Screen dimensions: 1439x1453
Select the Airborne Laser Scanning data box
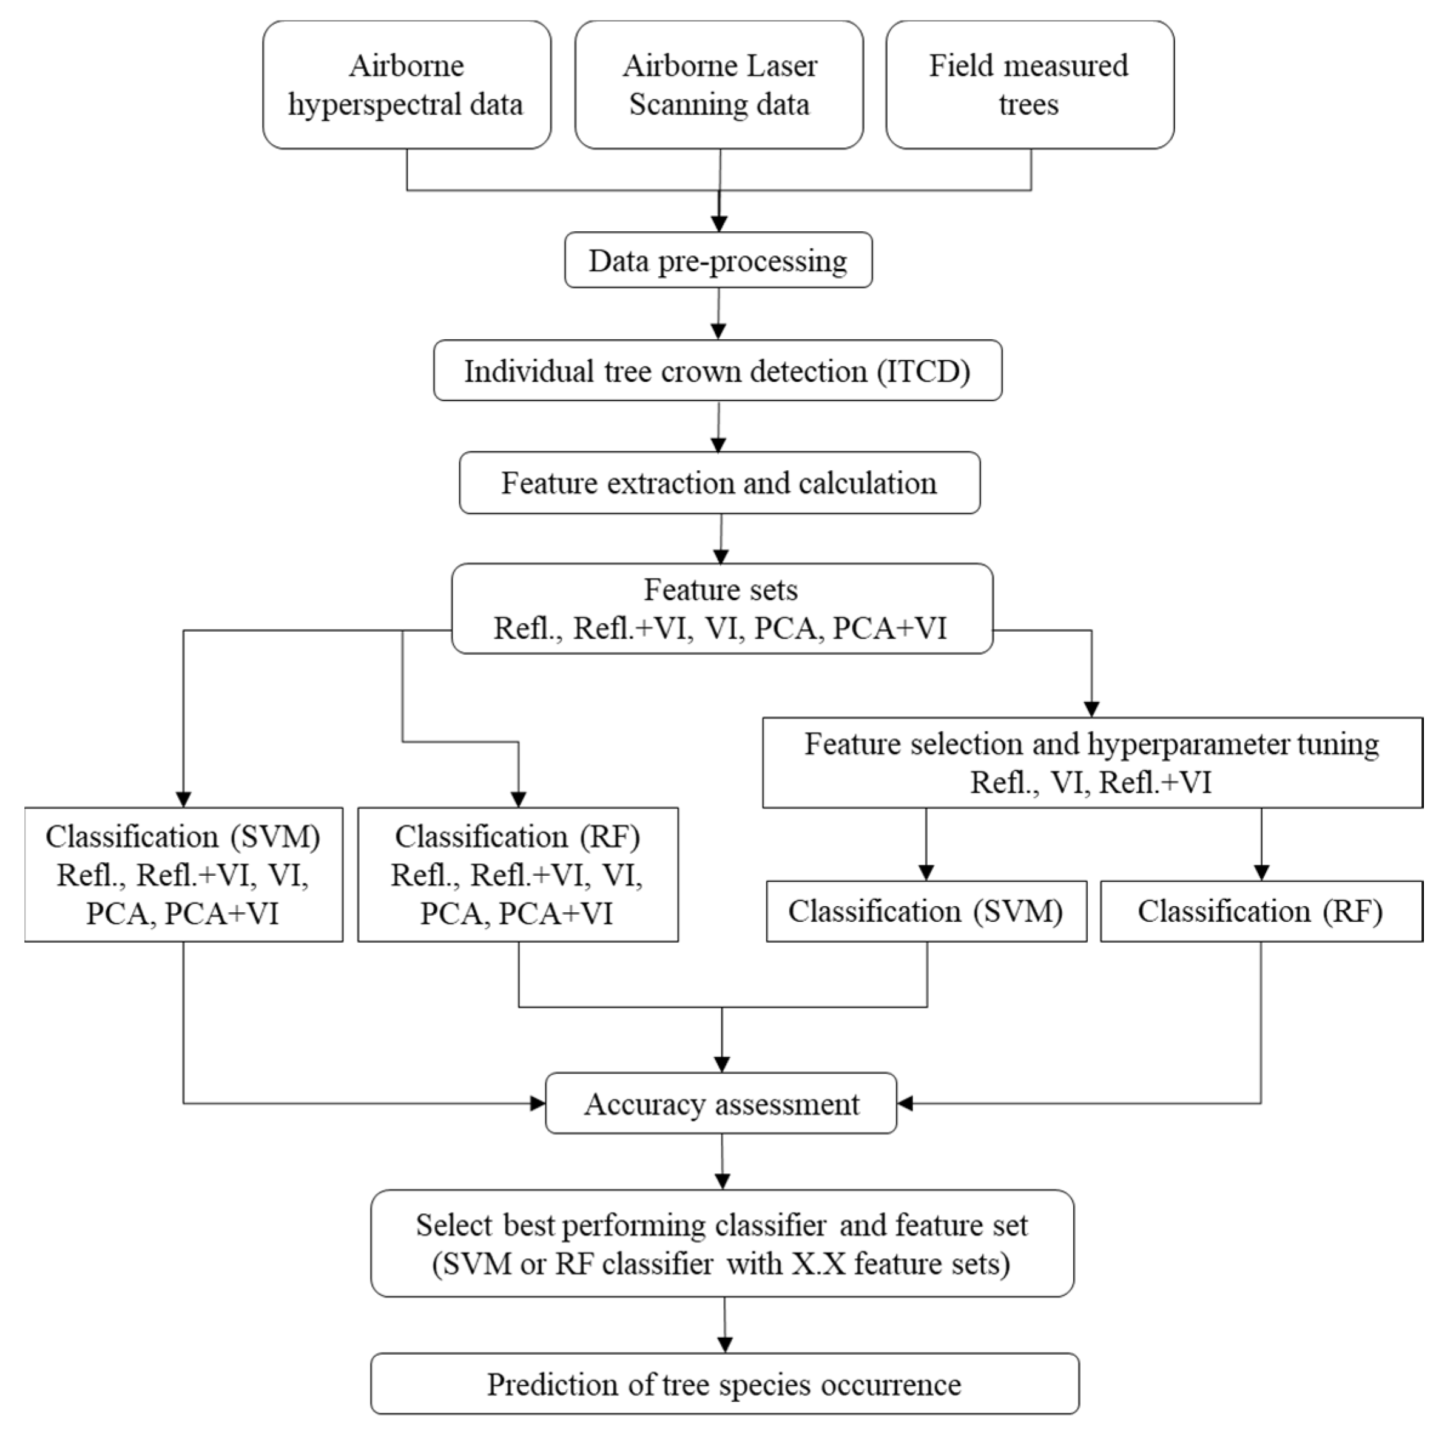(719, 85)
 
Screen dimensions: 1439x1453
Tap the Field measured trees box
(1029, 85)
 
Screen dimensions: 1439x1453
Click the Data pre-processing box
(718, 260)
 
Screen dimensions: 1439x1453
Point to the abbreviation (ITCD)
(923, 371)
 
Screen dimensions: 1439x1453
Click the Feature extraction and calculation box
(719, 483)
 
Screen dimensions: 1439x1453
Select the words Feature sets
(721, 590)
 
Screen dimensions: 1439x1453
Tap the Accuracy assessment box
(721, 1103)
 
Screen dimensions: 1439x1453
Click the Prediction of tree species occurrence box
(724, 1384)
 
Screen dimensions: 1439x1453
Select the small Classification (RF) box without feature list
(1261, 911)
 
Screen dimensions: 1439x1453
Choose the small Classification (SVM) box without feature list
(925, 911)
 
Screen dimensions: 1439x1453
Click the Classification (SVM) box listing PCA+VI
(183, 874)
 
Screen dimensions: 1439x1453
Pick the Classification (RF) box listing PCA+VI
(517, 874)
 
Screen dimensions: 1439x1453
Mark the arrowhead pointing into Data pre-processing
(719, 223)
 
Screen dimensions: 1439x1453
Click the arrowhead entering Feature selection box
(1091, 709)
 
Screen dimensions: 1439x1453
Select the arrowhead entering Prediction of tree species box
(725, 1344)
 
